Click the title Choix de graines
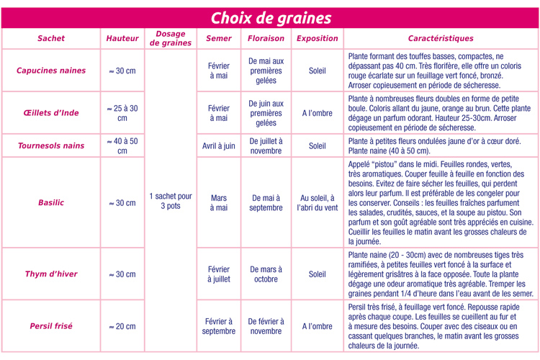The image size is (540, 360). [x=270, y=18]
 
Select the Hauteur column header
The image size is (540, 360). [x=122, y=38]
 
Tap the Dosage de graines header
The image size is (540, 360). [x=171, y=38]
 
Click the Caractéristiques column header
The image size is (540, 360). [x=441, y=38]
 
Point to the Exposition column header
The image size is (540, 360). [x=317, y=38]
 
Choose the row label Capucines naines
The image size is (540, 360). [x=51, y=71]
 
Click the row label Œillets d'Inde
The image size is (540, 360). [x=51, y=112]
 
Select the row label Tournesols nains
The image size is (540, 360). [x=51, y=145]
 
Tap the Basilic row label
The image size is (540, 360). [x=51, y=203]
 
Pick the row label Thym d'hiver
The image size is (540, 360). [x=51, y=274]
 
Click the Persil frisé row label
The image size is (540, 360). [x=51, y=326]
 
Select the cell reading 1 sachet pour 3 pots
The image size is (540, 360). [x=171, y=201]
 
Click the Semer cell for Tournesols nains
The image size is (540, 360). [x=219, y=145]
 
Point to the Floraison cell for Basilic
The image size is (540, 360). [x=266, y=202]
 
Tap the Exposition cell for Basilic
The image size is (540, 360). [x=317, y=202]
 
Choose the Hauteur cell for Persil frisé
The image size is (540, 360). [x=122, y=326]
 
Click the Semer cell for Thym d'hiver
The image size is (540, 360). [x=219, y=274]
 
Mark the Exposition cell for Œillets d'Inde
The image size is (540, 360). [x=317, y=112]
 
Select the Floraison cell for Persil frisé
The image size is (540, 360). [x=266, y=326]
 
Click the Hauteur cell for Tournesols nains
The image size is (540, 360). [x=122, y=145]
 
